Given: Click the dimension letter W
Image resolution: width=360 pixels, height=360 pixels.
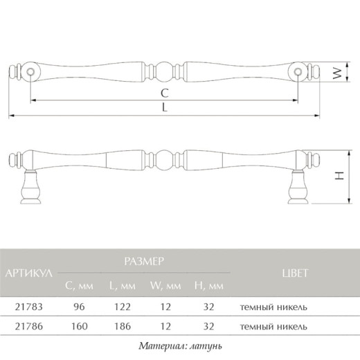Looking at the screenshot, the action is pos(337,73).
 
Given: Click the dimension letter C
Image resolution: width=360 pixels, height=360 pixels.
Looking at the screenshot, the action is pos(165,93).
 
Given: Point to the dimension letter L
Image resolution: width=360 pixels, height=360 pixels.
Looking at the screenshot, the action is pos(164,107).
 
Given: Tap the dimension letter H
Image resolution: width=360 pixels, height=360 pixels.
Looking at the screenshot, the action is pos(339,176).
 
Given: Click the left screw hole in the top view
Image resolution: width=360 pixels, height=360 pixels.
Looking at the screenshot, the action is pos(30,72).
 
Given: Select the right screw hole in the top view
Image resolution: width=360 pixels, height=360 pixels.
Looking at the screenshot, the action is pos(298,72).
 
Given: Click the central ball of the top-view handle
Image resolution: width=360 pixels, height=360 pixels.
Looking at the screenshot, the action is pos(164,72).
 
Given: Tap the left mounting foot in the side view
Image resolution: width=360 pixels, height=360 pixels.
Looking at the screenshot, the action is pos(30,187).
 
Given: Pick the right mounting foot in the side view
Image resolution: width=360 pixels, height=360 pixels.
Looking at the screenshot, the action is pos(298,187).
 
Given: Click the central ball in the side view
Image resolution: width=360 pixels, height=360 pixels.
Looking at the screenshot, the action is pos(164,160).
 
